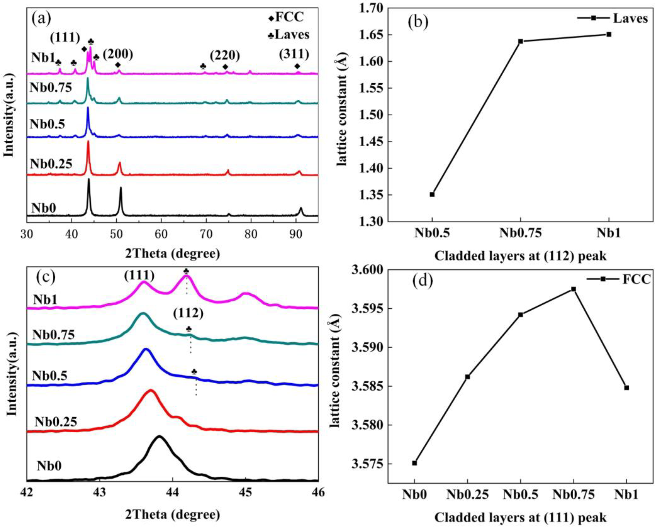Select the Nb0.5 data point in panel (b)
pos(432,194)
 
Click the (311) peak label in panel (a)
pos(294,54)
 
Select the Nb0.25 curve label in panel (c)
pos(56,422)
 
